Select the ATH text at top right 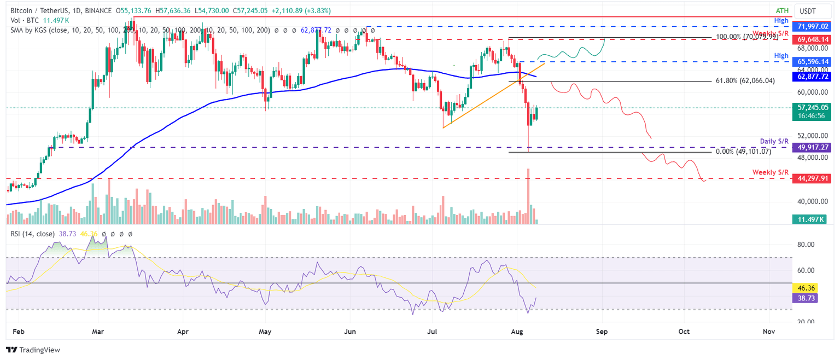point(782,10)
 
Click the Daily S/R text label point(774,141)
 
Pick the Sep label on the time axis point(602,332)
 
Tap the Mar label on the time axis point(98,332)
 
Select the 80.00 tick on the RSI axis point(807,245)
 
